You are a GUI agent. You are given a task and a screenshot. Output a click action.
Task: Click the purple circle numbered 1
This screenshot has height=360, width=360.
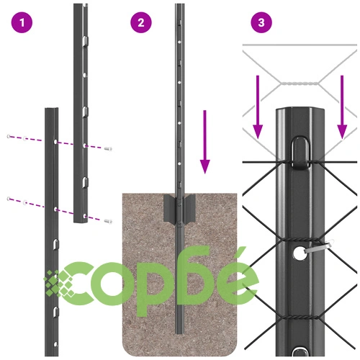[x=22, y=22]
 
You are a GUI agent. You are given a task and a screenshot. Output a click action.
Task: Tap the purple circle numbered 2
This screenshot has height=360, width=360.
[x=141, y=22]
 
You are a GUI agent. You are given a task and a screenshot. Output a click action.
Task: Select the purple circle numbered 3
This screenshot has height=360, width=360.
[x=261, y=22]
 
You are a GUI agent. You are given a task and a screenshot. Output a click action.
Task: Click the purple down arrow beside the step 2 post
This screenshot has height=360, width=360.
[x=204, y=142]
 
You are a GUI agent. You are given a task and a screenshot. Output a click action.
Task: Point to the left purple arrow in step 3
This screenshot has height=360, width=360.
[x=258, y=107]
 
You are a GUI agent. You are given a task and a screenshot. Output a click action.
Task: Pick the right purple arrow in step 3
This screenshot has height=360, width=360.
[x=342, y=107]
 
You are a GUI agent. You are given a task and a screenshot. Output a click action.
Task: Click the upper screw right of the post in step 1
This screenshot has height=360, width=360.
[x=108, y=149]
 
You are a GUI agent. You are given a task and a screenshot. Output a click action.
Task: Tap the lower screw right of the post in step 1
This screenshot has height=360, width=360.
[x=108, y=221]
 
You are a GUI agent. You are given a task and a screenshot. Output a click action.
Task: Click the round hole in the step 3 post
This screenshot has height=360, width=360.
[x=300, y=253]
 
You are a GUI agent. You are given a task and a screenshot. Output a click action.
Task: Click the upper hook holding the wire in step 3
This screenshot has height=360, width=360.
[x=300, y=153]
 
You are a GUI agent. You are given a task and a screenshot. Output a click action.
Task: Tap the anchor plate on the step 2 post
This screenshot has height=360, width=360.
[x=179, y=208]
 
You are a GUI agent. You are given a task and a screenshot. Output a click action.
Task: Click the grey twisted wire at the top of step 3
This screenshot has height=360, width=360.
[x=300, y=84]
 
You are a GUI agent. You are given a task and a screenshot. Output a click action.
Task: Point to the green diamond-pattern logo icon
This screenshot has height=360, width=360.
[x=59, y=283]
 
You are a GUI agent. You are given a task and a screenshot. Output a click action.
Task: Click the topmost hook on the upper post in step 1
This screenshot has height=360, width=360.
[x=86, y=41]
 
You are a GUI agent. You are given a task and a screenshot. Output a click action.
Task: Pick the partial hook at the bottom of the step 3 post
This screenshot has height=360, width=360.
[x=301, y=351]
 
